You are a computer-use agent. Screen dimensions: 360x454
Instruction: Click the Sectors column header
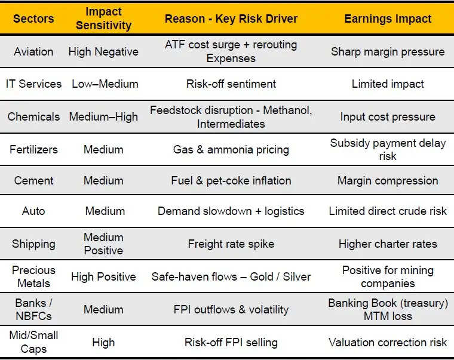[x=33, y=19]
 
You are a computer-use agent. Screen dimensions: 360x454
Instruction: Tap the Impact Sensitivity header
[x=103, y=19]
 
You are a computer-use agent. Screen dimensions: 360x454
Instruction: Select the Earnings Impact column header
[x=388, y=19]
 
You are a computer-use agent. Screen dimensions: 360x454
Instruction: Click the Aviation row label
[x=33, y=51]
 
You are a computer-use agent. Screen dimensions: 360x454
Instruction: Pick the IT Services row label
[x=33, y=84]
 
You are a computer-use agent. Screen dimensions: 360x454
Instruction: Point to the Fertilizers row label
[x=33, y=149]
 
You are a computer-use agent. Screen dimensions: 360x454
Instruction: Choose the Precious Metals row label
[x=33, y=276]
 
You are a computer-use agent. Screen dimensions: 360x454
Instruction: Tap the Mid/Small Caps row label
[x=33, y=342]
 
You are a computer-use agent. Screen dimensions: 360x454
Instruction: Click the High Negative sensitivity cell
[x=103, y=51]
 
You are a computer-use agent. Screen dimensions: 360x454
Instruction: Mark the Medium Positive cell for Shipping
[x=103, y=244]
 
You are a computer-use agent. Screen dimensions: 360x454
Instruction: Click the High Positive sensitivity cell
[x=103, y=276]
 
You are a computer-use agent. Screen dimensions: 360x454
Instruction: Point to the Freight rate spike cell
[x=231, y=244]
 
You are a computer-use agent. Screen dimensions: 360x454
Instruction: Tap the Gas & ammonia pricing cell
[x=231, y=149]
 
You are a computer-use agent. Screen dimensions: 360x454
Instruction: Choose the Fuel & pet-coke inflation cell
[x=231, y=180]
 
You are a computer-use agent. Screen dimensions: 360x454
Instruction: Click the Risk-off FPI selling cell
[x=231, y=342]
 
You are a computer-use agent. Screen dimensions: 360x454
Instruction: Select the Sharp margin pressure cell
[x=388, y=51]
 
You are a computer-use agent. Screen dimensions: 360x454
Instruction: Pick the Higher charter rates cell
[x=388, y=244]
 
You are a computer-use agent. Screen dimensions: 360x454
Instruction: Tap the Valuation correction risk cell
[x=388, y=342]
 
